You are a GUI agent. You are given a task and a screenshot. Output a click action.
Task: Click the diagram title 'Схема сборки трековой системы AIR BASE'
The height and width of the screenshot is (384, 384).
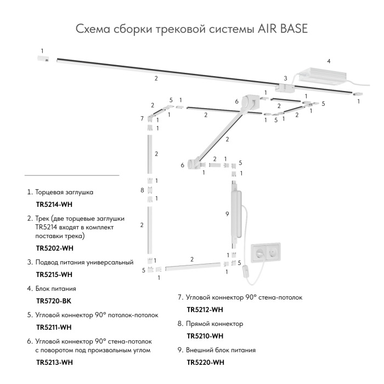tap(192, 29)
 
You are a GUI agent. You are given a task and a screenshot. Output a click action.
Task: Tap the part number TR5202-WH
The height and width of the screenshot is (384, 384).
tap(54, 247)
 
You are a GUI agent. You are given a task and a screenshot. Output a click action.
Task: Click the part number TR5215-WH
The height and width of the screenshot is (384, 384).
tap(54, 274)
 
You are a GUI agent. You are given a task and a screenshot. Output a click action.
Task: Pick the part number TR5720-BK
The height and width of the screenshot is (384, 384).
tap(54, 301)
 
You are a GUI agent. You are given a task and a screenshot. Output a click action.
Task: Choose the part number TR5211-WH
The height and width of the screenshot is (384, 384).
tap(54, 327)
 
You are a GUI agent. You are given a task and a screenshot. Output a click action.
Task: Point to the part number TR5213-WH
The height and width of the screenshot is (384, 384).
tap(54, 362)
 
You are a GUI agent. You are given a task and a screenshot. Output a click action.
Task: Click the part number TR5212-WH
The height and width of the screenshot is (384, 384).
tap(205, 309)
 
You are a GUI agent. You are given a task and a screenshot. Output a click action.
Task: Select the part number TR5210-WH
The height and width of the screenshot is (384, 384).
tap(205, 336)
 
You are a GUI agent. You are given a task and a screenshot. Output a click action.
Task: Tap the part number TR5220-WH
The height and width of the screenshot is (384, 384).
tap(205, 362)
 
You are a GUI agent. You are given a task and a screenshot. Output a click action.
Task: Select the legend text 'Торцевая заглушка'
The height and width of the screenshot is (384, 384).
tap(64, 193)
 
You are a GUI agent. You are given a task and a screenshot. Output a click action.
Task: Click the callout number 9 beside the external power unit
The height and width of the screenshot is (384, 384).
tap(227, 213)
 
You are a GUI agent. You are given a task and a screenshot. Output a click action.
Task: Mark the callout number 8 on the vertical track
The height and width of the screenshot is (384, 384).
tap(142, 190)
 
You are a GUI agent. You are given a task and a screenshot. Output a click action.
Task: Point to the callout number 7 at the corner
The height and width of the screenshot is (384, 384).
tap(142, 118)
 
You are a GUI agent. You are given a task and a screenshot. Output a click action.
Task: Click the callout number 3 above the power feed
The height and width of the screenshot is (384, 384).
tap(285, 78)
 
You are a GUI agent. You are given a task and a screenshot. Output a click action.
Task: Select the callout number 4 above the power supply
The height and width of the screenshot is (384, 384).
tap(329, 60)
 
